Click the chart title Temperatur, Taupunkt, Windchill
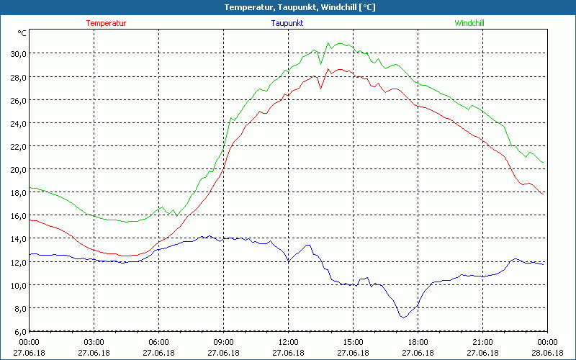pyautogui.click(x=288, y=7)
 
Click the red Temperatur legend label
pyautogui.click(x=106, y=23)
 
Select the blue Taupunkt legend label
pyautogui.click(x=287, y=23)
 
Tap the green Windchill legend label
pyautogui.click(x=469, y=23)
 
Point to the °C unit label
pyautogui.click(x=22, y=33)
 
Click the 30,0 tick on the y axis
pyautogui.click(x=17, y=53)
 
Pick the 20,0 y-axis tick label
pyautogui.click(x=17, y=169)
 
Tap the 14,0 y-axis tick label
pyautogui.click(x=17, y=238)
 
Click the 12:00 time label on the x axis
pyautogui.click(x=288, y=342)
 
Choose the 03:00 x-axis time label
pyautogui.click(x=94, y=342)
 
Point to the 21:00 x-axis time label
pyautogui.click(x=482, y=342)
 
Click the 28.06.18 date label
pyautogui.click(x=547, y=353)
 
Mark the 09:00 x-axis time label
pyautogui.click(x=223, y=342)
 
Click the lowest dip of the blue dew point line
pyautogui.click(x=403, y=317)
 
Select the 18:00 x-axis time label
pyautogui.click(x=418, y=342)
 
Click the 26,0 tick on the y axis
pyautogui.click(x=17, y=99)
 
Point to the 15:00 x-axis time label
pyautogui.click(x=353, y=342)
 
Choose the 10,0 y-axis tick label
pyautogui.click(x=17, y=285)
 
